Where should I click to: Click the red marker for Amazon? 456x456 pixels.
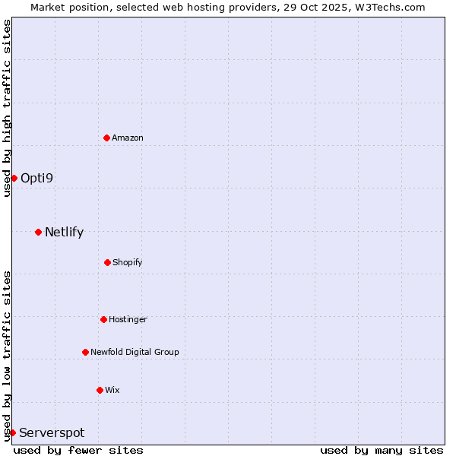107,138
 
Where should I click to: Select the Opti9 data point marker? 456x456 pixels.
14,178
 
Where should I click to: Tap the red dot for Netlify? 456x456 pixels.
38,232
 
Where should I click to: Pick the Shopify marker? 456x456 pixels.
107,262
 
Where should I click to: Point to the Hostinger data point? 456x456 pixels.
103,319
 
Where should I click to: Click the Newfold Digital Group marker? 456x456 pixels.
85,352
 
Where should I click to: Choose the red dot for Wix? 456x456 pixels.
100,390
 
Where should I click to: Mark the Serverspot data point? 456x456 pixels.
12,432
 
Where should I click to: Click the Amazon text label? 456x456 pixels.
128,138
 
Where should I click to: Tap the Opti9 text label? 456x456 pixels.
36,178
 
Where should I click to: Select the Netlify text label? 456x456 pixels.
64,232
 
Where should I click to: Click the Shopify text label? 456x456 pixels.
128,262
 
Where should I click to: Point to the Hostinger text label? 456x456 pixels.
128,319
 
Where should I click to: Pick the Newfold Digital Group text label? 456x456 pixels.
135,352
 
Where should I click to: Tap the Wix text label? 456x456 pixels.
112,390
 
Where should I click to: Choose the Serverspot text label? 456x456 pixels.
52,432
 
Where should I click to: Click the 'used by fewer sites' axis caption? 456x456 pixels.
78,450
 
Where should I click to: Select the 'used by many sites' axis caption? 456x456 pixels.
382,450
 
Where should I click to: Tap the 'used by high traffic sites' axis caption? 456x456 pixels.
7,108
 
